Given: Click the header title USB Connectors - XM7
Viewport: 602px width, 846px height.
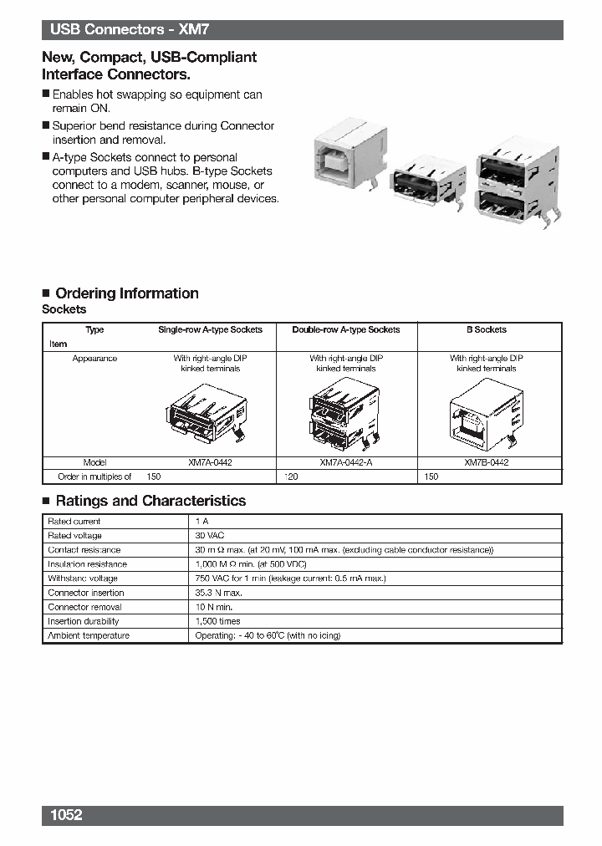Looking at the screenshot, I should coord(129,30).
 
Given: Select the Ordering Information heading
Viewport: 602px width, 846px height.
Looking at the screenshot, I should coord(126,293).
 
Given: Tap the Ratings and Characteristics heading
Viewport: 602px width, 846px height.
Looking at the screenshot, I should coord(150,501).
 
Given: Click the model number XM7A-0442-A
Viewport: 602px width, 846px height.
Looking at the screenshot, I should coord(345,462).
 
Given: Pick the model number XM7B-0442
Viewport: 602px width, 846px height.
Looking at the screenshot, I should coord(486,462).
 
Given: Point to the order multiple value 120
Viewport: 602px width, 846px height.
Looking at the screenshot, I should coord(291,477).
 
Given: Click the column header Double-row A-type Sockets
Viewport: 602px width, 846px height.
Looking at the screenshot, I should coord(345,329).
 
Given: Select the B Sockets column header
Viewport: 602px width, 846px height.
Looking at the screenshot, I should coord(486,329).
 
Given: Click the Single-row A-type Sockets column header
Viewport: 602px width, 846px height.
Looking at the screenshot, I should coord(210,329).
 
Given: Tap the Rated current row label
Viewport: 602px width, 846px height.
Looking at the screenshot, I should coord(74,521).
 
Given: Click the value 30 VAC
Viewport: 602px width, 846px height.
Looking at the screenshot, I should coord(210,535).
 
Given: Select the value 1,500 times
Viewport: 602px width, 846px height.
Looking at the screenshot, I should coord(217,621).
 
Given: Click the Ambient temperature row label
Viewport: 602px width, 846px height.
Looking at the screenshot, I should coord(89,635).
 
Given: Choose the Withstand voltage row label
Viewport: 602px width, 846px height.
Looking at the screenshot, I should coord(83,578).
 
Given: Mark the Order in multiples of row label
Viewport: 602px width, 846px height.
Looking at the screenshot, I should coord(94,477).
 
